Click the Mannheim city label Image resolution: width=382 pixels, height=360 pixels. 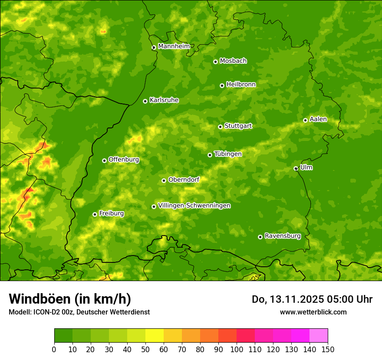[174, 46]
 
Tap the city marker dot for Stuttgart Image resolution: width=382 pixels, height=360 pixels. [220, 127]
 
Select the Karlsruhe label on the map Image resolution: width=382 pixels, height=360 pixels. [164, 100]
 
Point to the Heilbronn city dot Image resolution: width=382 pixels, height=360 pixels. [222, 85]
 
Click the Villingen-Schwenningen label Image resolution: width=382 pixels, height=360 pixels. [194, 206]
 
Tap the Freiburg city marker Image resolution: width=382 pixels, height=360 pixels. [95, 214]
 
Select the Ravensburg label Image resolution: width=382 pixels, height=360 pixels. [282, 236]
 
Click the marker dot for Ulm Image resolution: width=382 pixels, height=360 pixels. [296, 168]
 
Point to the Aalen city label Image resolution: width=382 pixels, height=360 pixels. [318, 119]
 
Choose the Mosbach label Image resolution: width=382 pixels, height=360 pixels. [233, 61]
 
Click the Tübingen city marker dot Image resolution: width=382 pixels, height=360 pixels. [210, 155]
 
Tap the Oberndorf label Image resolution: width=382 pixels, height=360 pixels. [184, 180]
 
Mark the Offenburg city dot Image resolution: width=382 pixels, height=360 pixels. [104, 160]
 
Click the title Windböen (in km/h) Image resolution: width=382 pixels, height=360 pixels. [70, 299]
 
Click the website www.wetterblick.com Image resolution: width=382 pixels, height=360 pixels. [313, 312]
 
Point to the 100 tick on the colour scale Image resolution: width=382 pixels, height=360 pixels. [237, 349]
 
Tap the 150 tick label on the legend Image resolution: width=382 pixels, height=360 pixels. [328, 349]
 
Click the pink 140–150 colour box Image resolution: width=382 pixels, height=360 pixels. [319, 335]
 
